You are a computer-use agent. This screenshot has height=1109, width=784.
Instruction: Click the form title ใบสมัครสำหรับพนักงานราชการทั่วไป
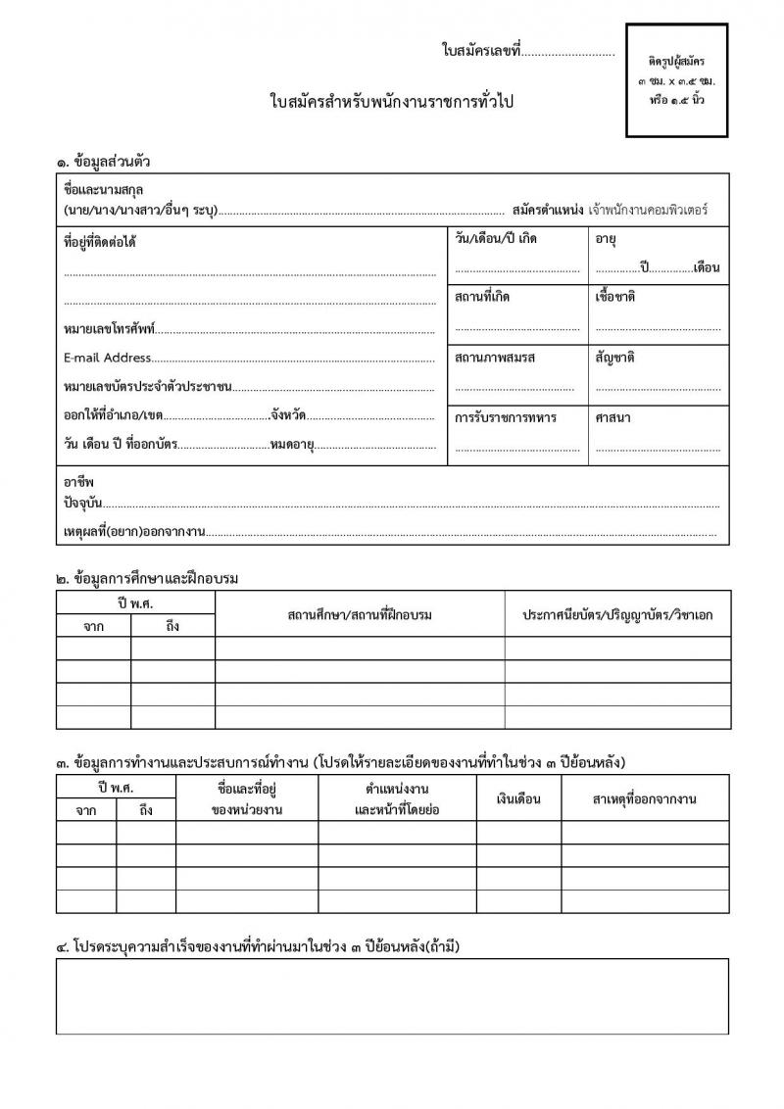click(x=392, y=102)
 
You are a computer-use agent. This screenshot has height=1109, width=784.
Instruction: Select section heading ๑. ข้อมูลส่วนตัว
click(x=103, y=161)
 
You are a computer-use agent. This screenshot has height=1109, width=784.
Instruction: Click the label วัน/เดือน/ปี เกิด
click(x=496, y=238)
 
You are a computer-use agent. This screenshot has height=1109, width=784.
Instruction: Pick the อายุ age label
click(x=605, y=238)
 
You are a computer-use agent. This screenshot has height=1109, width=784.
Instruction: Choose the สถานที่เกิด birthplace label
click(x=482, y=297)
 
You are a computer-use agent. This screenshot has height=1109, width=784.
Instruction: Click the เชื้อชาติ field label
click(x=615, y=297)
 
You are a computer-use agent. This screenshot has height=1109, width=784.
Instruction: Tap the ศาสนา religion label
click(x=612, y=417)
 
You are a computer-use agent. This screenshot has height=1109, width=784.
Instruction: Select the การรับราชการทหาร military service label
click(x=506, y=417)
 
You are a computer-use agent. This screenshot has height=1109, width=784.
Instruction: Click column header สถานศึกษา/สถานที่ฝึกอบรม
click(x=360, y=614)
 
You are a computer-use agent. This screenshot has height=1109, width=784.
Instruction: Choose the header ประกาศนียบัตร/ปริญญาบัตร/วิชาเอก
click(x=617, y=614)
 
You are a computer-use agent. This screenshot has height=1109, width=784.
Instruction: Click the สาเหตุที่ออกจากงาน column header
click(x=644, y=799)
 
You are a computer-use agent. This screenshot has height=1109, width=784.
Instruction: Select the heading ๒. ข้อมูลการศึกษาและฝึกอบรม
click(x=148, y=578)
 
